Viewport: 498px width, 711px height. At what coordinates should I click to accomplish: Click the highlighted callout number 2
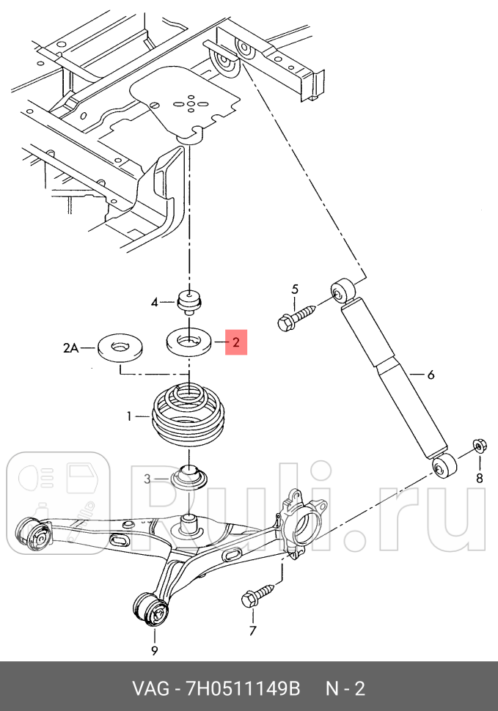[x=236, y=342]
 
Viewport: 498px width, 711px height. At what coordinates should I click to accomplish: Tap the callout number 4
[x=155, y=302]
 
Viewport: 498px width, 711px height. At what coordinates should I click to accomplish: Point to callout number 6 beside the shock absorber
[x=431, y=375]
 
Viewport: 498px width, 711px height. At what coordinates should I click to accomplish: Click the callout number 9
[x=155, y=651]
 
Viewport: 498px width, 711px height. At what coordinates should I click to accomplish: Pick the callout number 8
[x=480, y=478]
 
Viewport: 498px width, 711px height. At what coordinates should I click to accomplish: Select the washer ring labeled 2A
[x=120, y=347]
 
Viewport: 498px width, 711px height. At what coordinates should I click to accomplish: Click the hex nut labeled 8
[x=480, y=446]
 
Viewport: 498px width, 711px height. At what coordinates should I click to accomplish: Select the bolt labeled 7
[x=258, y=595]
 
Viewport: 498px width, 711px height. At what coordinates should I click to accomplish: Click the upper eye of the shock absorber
[x=343, y=292]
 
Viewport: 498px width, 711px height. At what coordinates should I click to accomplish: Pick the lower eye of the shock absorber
[x=444, y=465]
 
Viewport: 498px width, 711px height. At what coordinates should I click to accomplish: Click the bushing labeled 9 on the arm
[x=152, y=609]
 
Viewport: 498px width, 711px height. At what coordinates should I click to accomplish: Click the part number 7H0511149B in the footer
[x=243, y=689]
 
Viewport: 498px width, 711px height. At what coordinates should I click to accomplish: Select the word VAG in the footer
[x=149, y=689]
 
